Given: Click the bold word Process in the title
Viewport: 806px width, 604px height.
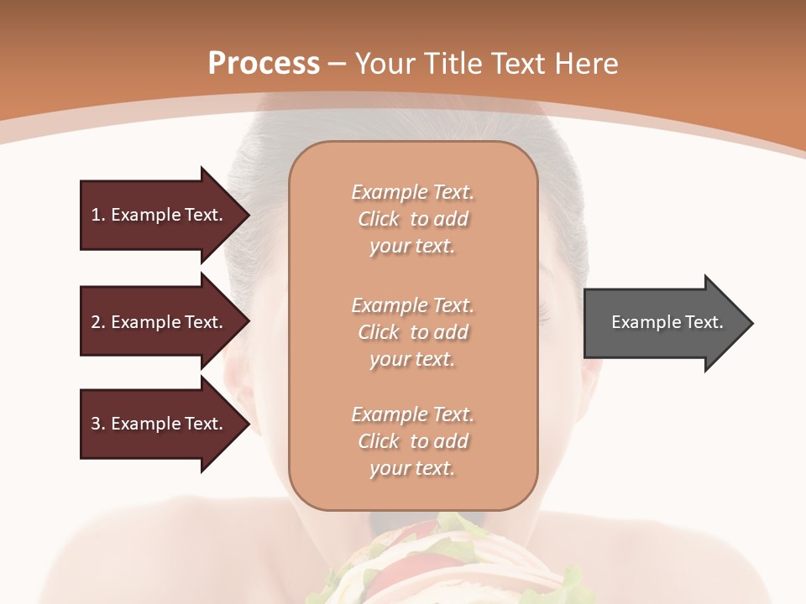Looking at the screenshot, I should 264,63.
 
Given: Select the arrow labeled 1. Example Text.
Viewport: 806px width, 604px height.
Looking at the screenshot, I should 160,215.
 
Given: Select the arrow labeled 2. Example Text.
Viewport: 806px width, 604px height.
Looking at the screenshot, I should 160,322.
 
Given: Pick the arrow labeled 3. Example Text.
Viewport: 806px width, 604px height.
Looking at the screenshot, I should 160,424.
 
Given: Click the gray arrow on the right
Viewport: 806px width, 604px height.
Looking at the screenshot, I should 663,323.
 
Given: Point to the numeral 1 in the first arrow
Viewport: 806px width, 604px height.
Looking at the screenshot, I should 96,215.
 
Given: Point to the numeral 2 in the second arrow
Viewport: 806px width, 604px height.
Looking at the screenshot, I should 96,322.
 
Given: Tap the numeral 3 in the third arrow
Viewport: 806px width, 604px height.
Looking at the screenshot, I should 96,424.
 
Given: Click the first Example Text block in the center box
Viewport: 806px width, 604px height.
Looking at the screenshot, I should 412,219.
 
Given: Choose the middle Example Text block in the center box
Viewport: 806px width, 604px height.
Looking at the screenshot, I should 412,332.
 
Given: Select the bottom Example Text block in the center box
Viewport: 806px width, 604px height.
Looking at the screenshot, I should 412,441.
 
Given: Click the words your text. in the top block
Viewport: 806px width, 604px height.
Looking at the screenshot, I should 412,247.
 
